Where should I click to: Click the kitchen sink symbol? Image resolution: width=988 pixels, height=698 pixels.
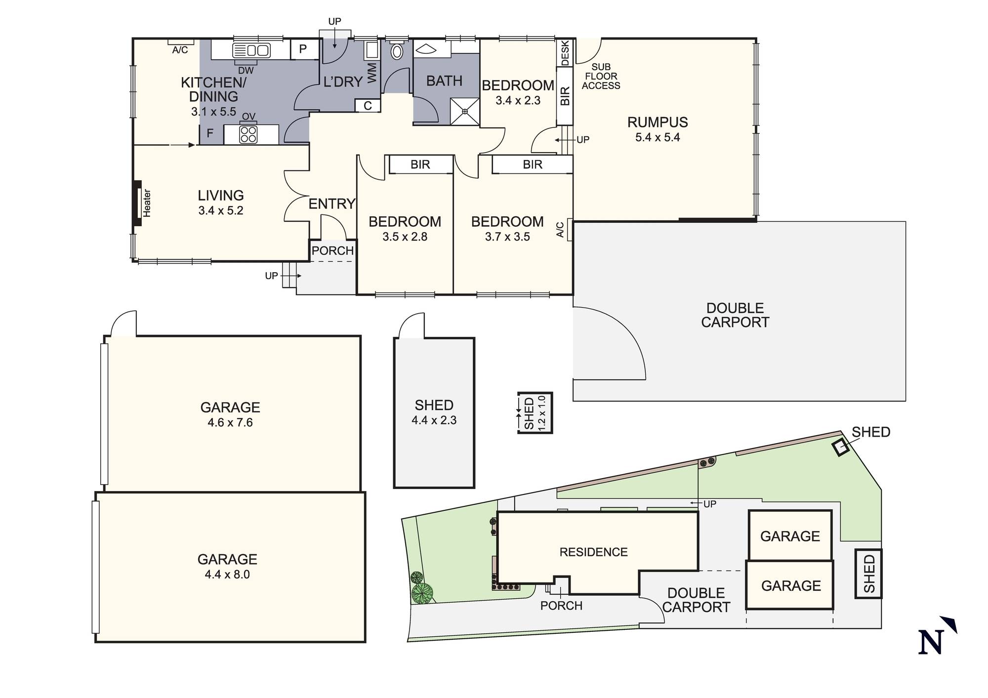point(251,50)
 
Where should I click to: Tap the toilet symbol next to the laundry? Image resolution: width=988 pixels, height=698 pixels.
point(397,51)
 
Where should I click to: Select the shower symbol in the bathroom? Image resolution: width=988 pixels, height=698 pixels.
point(464,112)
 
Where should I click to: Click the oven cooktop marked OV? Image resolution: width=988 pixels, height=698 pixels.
point(248,134)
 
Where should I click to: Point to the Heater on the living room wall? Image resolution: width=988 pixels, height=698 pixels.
point(137,203)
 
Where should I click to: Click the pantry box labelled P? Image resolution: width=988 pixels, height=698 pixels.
point(303,49)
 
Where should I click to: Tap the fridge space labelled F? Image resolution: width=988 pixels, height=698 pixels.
point(210,133)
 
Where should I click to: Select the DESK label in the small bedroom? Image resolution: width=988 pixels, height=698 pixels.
point(565,52)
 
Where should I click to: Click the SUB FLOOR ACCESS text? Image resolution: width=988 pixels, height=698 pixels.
point(601,76)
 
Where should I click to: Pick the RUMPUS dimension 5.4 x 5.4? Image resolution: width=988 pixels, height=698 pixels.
point(658,138)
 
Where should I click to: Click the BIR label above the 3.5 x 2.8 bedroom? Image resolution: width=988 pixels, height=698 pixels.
point(420,164)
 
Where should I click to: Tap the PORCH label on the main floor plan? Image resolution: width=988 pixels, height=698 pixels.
point(332,250)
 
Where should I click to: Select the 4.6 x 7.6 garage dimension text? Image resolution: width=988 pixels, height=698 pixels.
point(230,422)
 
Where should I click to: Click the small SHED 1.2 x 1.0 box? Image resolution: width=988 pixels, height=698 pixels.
point(535,412)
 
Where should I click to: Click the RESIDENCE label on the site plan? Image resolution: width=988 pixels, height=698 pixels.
point(593,552)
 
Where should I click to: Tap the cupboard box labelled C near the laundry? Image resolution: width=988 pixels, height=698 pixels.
point(368,106)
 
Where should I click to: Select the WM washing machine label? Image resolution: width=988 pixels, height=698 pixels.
point(372,73)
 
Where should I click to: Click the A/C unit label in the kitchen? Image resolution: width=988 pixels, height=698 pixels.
point(180,50)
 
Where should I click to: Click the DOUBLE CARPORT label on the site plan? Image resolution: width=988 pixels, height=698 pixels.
point(696,600)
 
